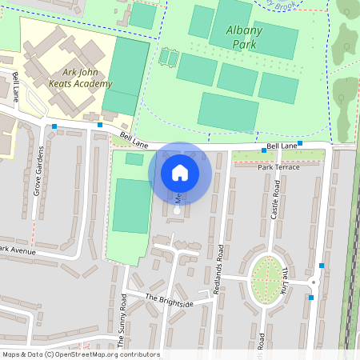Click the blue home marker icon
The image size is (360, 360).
[180, 173]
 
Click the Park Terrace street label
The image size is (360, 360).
[278, 166]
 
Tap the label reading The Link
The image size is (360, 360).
[286, 279]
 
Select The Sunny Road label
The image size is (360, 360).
[122, 318]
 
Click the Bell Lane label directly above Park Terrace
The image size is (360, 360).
[282, 146]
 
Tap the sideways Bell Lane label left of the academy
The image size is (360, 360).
[16, 86]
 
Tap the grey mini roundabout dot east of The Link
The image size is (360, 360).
[314, 282]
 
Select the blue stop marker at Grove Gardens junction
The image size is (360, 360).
[54, 126]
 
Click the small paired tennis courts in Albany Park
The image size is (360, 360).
[168, 58]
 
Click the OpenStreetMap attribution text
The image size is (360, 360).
[80, 354]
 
